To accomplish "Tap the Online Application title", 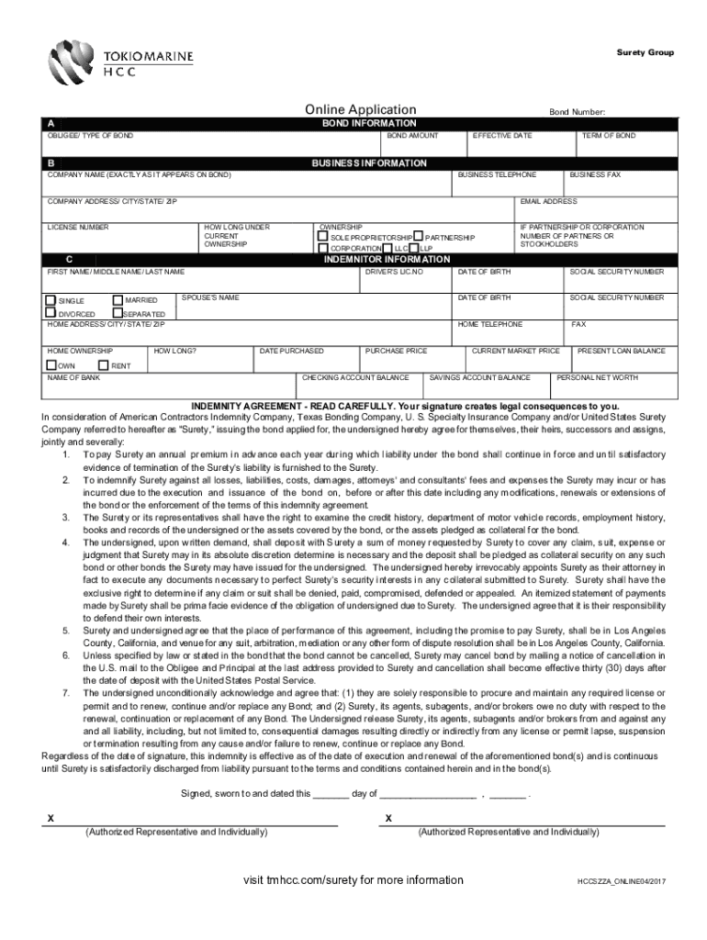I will pyautogui.click(x=353, y=110).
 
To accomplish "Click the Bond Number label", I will pyautogui.click(x=577, y=112).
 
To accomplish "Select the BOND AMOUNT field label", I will pyautogui.click(x=412, y=136).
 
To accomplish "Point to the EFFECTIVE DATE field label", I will pyautogui.click(x=501, y=136).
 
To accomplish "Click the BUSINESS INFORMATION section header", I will pyautogui.click(x=368, y=163).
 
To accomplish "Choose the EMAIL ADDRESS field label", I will pyautogui.click(x=548, y=201).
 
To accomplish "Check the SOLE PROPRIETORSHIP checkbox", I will pyautogui.click(x=322, y=237).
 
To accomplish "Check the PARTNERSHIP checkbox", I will pyautogui.click(x=419, y=237).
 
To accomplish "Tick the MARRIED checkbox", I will pyautogui.click(x=118, y=300).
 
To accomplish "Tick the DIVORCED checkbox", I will pyautogui.click(x=51, y=313).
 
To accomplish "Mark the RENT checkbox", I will pyautogui.click(x=103, y=364).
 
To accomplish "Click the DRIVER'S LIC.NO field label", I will pyautogui.click(x=394, y=273).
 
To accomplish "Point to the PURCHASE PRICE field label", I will pyautogui.click(x=397, y=351).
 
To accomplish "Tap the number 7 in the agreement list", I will pyautogui.click(x=65, y=691).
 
